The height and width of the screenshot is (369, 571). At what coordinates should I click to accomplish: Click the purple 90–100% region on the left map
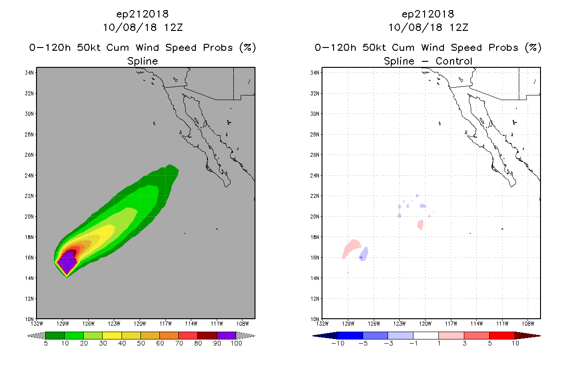coord(67,262)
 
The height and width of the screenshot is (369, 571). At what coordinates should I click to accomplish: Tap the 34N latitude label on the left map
coord(29,73)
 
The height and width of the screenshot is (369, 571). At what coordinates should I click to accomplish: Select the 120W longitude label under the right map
coord(425,324)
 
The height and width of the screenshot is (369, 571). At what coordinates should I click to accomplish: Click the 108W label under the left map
coord(243,324)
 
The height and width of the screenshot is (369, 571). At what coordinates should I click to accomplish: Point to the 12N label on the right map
coord(315,299)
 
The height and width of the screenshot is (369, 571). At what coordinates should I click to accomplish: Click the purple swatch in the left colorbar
coord(226,335)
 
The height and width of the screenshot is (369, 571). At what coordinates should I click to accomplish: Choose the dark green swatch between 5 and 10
coord(55,335)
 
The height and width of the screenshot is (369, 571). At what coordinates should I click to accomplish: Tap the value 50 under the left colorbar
coord(141,344)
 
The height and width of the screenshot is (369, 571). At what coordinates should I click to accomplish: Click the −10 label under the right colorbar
coord(338,344)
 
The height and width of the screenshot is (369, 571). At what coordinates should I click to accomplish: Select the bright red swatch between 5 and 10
coord(502,335)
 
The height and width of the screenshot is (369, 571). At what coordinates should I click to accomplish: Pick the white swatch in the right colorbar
coord(425,335)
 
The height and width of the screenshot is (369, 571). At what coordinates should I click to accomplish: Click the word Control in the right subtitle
coord(454,61)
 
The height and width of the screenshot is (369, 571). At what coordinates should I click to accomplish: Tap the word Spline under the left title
coord(142,61)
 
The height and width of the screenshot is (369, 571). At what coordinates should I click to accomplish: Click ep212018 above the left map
coord(142,14)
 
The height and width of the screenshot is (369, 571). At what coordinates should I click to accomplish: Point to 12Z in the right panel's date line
coord(459,28)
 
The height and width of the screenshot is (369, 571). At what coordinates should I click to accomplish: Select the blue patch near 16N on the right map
coord(363,254)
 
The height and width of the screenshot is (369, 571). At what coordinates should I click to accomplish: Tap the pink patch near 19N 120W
coord(420,225)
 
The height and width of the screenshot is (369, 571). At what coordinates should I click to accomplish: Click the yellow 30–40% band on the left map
coord(107,233)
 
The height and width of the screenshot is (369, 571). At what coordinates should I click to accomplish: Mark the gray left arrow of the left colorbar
coord(36,336)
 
